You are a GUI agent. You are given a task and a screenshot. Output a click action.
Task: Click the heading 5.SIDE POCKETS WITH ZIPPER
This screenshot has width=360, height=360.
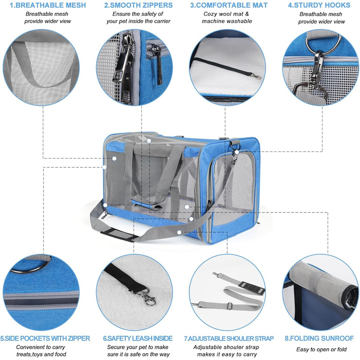click(46, 338)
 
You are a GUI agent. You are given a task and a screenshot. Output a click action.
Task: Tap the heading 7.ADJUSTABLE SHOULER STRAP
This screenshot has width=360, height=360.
click(228, 338)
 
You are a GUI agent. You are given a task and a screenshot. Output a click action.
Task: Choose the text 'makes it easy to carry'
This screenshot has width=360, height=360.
click(228, 354)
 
